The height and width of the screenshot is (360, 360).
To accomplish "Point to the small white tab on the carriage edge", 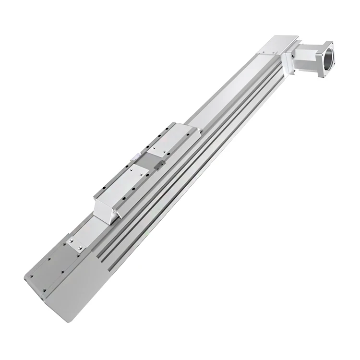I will pyautogui.click(x=136, y=156).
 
